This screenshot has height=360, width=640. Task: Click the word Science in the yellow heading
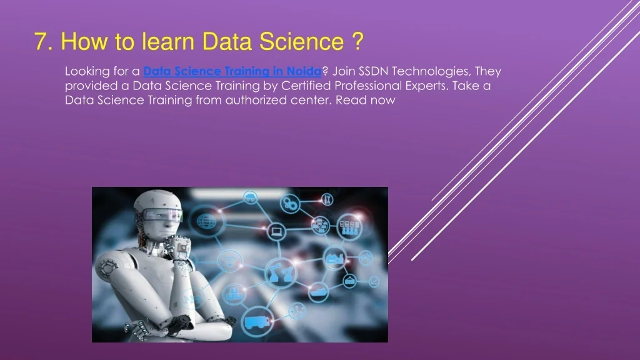302,42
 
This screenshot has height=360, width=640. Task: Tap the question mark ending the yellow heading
357,41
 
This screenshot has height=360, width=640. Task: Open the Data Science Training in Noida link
232,71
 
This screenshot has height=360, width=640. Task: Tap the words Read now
365,100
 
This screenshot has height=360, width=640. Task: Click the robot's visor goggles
162,214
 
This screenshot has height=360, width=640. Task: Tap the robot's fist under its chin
179,246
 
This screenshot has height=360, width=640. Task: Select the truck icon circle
257,321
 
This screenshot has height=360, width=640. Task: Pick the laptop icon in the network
277,231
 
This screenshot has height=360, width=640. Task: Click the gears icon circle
290,203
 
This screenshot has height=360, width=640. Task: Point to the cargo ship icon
319,291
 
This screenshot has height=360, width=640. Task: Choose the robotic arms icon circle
281,272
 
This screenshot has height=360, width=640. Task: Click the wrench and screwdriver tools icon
327,199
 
